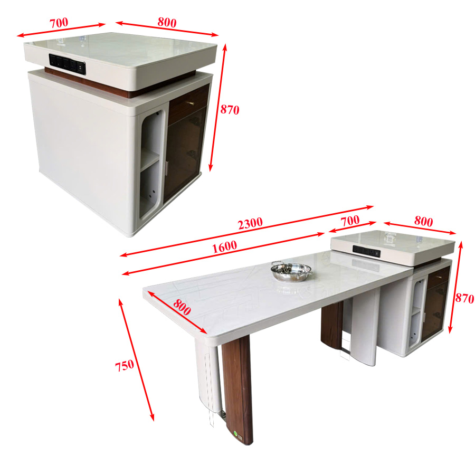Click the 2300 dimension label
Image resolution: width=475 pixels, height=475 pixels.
250,224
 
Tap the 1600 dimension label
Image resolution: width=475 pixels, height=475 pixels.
224,247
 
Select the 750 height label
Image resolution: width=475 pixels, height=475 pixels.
125,366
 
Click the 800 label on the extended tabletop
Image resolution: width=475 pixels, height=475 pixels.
182,307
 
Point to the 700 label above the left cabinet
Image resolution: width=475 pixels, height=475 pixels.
59,23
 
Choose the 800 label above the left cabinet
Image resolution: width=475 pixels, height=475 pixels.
167,22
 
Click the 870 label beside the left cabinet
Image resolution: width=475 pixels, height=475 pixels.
230,109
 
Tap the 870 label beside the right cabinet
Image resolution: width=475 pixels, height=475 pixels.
464,299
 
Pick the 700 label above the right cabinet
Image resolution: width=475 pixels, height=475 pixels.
350,221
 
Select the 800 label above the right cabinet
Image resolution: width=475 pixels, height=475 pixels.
423,222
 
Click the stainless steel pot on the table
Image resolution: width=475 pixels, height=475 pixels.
291,271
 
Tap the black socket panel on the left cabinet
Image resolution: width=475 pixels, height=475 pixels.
67,63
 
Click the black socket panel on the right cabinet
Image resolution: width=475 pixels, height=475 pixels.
366,251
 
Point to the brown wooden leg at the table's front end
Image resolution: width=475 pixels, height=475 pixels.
237,389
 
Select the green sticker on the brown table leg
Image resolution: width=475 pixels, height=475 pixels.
235,433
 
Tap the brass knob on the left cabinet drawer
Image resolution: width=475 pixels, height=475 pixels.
192,103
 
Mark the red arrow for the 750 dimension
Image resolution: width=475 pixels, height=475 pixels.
136,359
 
